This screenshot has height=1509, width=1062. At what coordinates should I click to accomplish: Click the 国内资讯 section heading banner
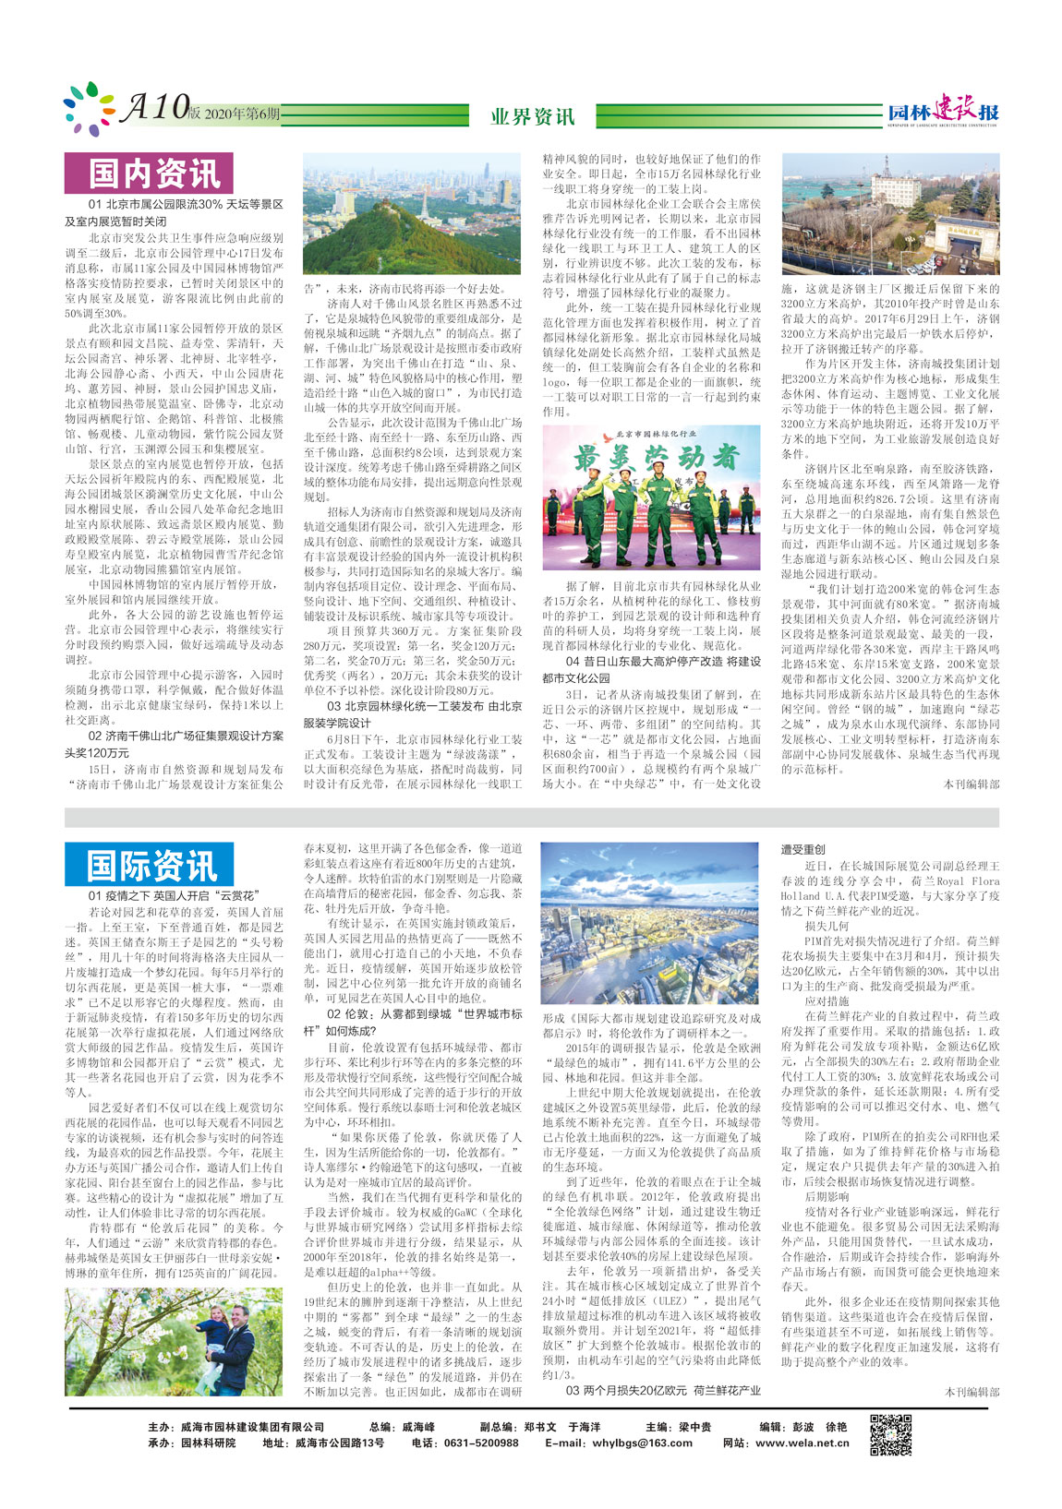[148, 173]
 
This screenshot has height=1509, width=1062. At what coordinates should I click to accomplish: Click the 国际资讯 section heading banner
[148, 865]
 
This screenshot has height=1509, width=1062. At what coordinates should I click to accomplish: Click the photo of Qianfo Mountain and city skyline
[412, 214]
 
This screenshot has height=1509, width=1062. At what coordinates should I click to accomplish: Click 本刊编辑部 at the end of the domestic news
[971, 784]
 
